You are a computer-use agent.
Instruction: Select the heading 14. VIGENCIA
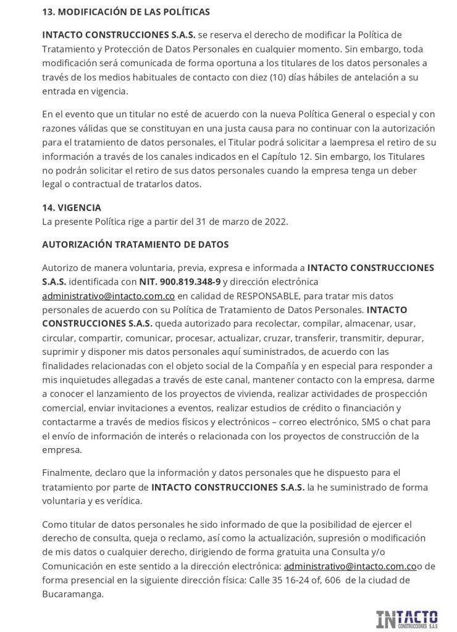tap(72, 208)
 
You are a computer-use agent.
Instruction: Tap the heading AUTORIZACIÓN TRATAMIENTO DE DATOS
tap(135, 244)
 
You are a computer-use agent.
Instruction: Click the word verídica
tap(124, 501)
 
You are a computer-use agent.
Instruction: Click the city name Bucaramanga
tap(72, 594)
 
